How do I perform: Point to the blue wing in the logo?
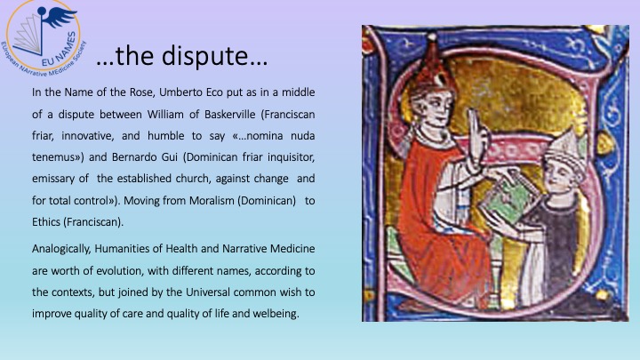(60, 18)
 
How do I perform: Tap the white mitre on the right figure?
(565, 150)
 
